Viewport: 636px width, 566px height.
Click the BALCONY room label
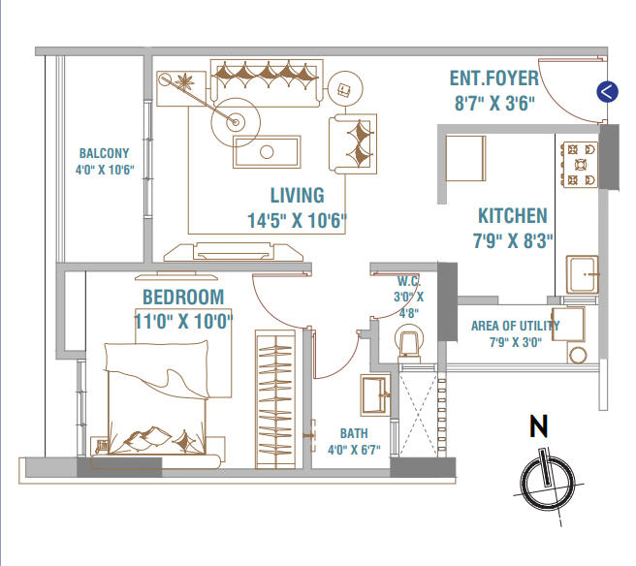click(x=105, y=153)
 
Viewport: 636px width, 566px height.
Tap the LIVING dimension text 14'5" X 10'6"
click(x=297, y=221)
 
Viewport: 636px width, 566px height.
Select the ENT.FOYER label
click(x=494, y=79)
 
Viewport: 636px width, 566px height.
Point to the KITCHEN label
click(x=513, y=216)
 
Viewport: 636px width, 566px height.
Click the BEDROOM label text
click(x=183, y=298)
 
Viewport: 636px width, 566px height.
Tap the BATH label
click(x=354, y=433)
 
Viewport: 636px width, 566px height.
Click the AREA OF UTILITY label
click(x=515, y=326)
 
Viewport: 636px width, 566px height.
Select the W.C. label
click(x=409, y=281)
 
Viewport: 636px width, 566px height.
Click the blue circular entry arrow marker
click(x=607, y=92)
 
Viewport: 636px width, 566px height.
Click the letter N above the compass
click(x=539, y=425)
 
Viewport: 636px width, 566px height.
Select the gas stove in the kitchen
click(x=581, y=164)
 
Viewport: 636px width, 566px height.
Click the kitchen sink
click(x=583, y=274)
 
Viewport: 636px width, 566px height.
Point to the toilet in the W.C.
click(x=409, y=345)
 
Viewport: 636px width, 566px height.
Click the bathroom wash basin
click(x=375, y=394)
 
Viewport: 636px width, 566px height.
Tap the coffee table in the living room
click(x=267, y=152)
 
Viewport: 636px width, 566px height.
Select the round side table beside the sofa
click(x=345, y=89)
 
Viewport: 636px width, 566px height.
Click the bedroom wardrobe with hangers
click(x=275, y=399)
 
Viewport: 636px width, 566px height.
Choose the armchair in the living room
click(x=353, y=144)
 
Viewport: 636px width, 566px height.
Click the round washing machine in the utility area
click(x=578, y=355)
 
